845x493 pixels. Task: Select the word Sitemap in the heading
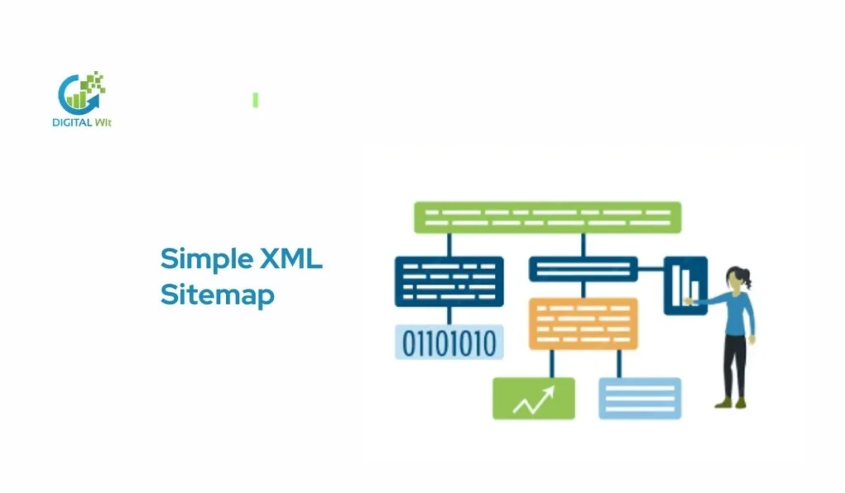[217, 295]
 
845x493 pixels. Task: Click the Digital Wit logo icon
[80, 92]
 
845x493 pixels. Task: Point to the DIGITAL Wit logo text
[82, 123]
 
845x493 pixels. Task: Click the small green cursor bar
[256, 100]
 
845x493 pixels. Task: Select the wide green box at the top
[547, 217]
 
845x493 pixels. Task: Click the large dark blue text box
[449, 281]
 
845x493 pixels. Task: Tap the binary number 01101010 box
[449, 341]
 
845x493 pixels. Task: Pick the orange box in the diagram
[583, 323]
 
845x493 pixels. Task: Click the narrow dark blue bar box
[583, 268]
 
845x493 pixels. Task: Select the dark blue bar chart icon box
[685, 285]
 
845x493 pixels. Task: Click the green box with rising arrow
[533, 398]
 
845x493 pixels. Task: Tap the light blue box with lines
[640, 398]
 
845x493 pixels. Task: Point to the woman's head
[736, 279]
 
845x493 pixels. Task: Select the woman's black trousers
[734, 363]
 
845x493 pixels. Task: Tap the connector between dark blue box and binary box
[449, 316]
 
